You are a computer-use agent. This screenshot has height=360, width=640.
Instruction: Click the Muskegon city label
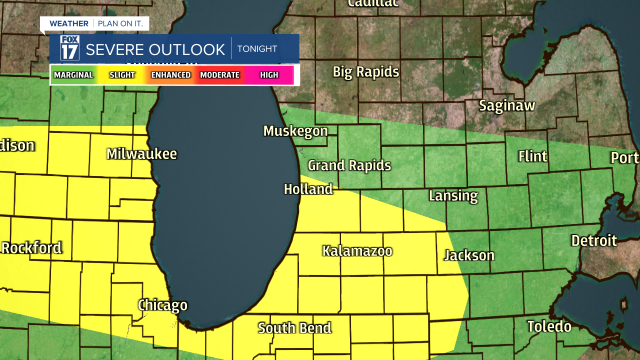click(x=295, y=131)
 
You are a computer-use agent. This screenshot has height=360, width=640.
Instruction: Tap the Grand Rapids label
click(x=349, y=165)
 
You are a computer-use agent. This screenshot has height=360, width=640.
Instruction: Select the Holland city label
click(x=308, y=189)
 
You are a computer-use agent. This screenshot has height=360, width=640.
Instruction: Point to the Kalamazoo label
click(x=357, y=250)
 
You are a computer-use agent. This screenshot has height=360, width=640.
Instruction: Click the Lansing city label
click(x=453, y=195)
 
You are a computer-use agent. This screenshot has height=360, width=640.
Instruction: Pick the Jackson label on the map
click(x=469, y=255)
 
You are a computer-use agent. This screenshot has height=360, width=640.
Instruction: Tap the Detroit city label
click(x=594, y=240)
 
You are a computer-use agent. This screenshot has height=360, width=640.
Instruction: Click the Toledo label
click(x=549, y=326)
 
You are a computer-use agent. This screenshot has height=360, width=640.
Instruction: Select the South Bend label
click(x=294, y=328)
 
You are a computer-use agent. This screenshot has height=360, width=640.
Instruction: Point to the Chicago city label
click(x=162, y=305)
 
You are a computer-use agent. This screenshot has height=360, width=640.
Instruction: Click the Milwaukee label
click(x=141, y=153)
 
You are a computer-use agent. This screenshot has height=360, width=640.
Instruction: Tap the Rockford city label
click(x=31, y=247)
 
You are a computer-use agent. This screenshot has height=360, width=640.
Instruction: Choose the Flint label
click(x=532, y=156)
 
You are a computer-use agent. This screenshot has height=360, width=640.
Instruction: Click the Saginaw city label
click(x=507, y=105)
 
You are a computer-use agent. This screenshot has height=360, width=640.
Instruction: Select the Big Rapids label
click(x=366, y=72)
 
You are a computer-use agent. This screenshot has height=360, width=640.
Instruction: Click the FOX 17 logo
click(x=69, y=48)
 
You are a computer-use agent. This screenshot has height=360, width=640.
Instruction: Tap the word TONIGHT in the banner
click(x=257, y=49)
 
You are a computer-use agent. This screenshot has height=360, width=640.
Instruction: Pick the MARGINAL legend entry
click(x=73, y=75)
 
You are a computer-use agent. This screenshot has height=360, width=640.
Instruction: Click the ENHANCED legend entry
click(x=171, y=75)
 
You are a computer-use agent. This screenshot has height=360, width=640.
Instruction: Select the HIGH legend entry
click(x=269, y=75)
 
